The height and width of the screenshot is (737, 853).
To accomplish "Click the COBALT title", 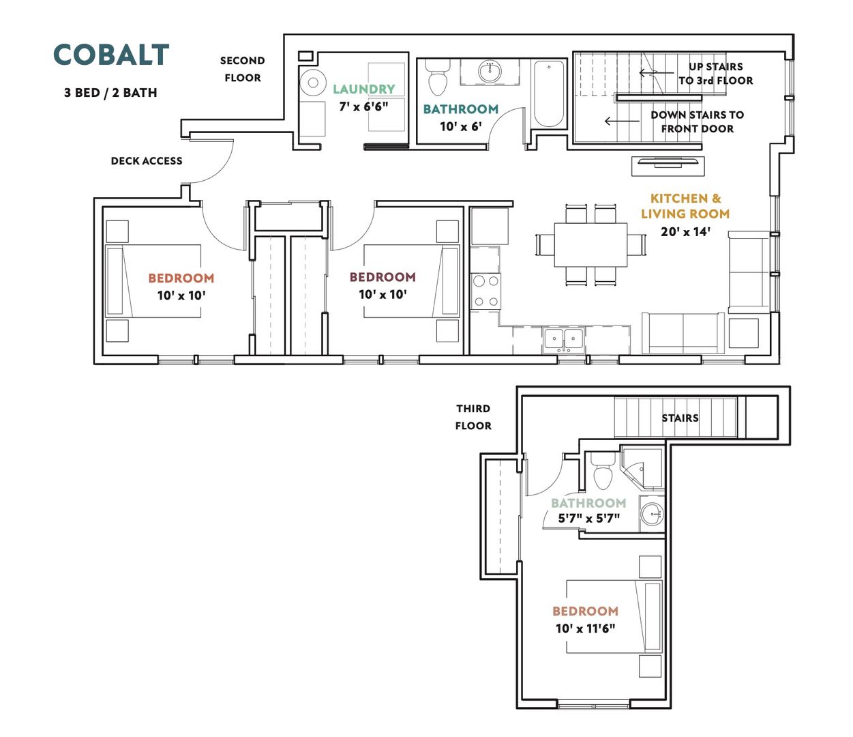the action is [x=111, y=55].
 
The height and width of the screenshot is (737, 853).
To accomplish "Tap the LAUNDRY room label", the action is [x=364, y=89].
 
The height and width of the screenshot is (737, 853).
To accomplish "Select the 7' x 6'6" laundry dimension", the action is [x=363, y=106].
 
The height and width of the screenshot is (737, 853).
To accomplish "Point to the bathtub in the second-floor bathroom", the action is [x=549, y=93].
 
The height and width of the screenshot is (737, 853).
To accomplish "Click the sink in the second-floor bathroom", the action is [x=490, y=72].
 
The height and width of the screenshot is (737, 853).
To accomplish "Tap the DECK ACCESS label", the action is [x=147, y=160].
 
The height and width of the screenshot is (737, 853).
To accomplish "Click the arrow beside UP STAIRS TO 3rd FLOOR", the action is [x=657, y=73].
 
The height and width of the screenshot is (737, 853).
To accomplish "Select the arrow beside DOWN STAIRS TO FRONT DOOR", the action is [x=622, y=121].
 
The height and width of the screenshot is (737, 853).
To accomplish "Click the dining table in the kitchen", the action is [x=590, y=245].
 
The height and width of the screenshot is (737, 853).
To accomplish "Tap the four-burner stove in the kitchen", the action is [x=485, y=291].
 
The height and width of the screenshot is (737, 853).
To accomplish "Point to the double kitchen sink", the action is [x=564, y=340].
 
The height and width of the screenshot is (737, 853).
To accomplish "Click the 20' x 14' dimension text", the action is [x=685, y=231].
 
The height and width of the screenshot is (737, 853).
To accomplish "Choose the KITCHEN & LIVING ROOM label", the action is [x=685, y=206].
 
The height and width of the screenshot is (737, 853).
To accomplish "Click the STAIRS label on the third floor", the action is [x=680, y=418].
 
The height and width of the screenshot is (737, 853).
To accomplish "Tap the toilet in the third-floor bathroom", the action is [x=603, y=472].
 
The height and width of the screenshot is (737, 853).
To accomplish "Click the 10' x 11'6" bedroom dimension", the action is [x=585, y=628].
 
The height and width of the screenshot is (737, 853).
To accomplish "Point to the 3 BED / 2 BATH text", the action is [x=110, y=93].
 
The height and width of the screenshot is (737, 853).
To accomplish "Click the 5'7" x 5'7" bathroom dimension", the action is [x=589, y=518].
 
